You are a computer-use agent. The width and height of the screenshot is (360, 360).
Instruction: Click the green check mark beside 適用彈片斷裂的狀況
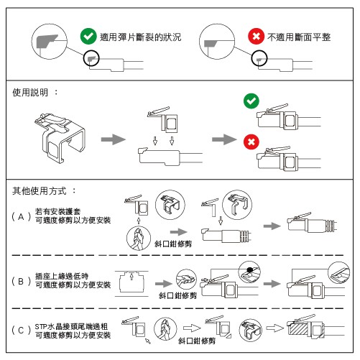click(88, 36)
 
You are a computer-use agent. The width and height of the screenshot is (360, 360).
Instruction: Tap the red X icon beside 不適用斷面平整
click(256, 36)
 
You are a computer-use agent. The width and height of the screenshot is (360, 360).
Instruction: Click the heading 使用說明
click(30, 92)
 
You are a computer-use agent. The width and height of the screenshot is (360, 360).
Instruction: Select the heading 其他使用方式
click(40, 191)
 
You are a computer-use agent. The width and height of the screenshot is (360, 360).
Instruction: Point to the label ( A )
click(22, 217)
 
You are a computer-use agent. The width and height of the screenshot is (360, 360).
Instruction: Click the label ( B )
click(22, 281)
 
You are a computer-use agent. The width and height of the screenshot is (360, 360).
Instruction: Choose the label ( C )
click(22, 331)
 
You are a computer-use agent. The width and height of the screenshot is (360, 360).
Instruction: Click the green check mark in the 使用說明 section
click(251, 101)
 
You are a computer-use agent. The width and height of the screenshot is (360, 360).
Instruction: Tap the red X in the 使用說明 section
click(251, 142)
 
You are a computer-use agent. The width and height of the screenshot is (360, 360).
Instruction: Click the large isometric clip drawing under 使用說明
click(60, 138)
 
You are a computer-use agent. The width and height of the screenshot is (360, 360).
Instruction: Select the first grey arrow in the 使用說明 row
click(114, 139)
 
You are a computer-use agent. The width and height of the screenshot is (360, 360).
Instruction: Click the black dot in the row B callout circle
click(250, 270)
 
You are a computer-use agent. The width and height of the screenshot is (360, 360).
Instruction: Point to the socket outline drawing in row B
click(131, 283)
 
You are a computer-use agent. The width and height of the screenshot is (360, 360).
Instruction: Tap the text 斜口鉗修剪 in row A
click(173, 244)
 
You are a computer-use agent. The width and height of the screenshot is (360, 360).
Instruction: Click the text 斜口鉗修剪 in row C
click(197, 341)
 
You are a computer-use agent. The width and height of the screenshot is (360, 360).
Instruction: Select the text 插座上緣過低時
click(62, 276)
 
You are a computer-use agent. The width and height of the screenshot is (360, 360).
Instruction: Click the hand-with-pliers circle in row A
click(139, 239)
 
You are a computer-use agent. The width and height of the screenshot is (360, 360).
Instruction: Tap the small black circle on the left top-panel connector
click(91, 58)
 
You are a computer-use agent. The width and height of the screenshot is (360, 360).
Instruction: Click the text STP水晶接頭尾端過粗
click(71, 326)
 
